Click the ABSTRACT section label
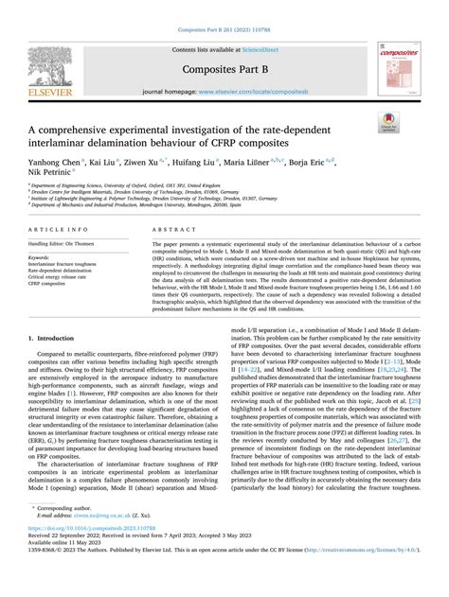click(176, 231)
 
